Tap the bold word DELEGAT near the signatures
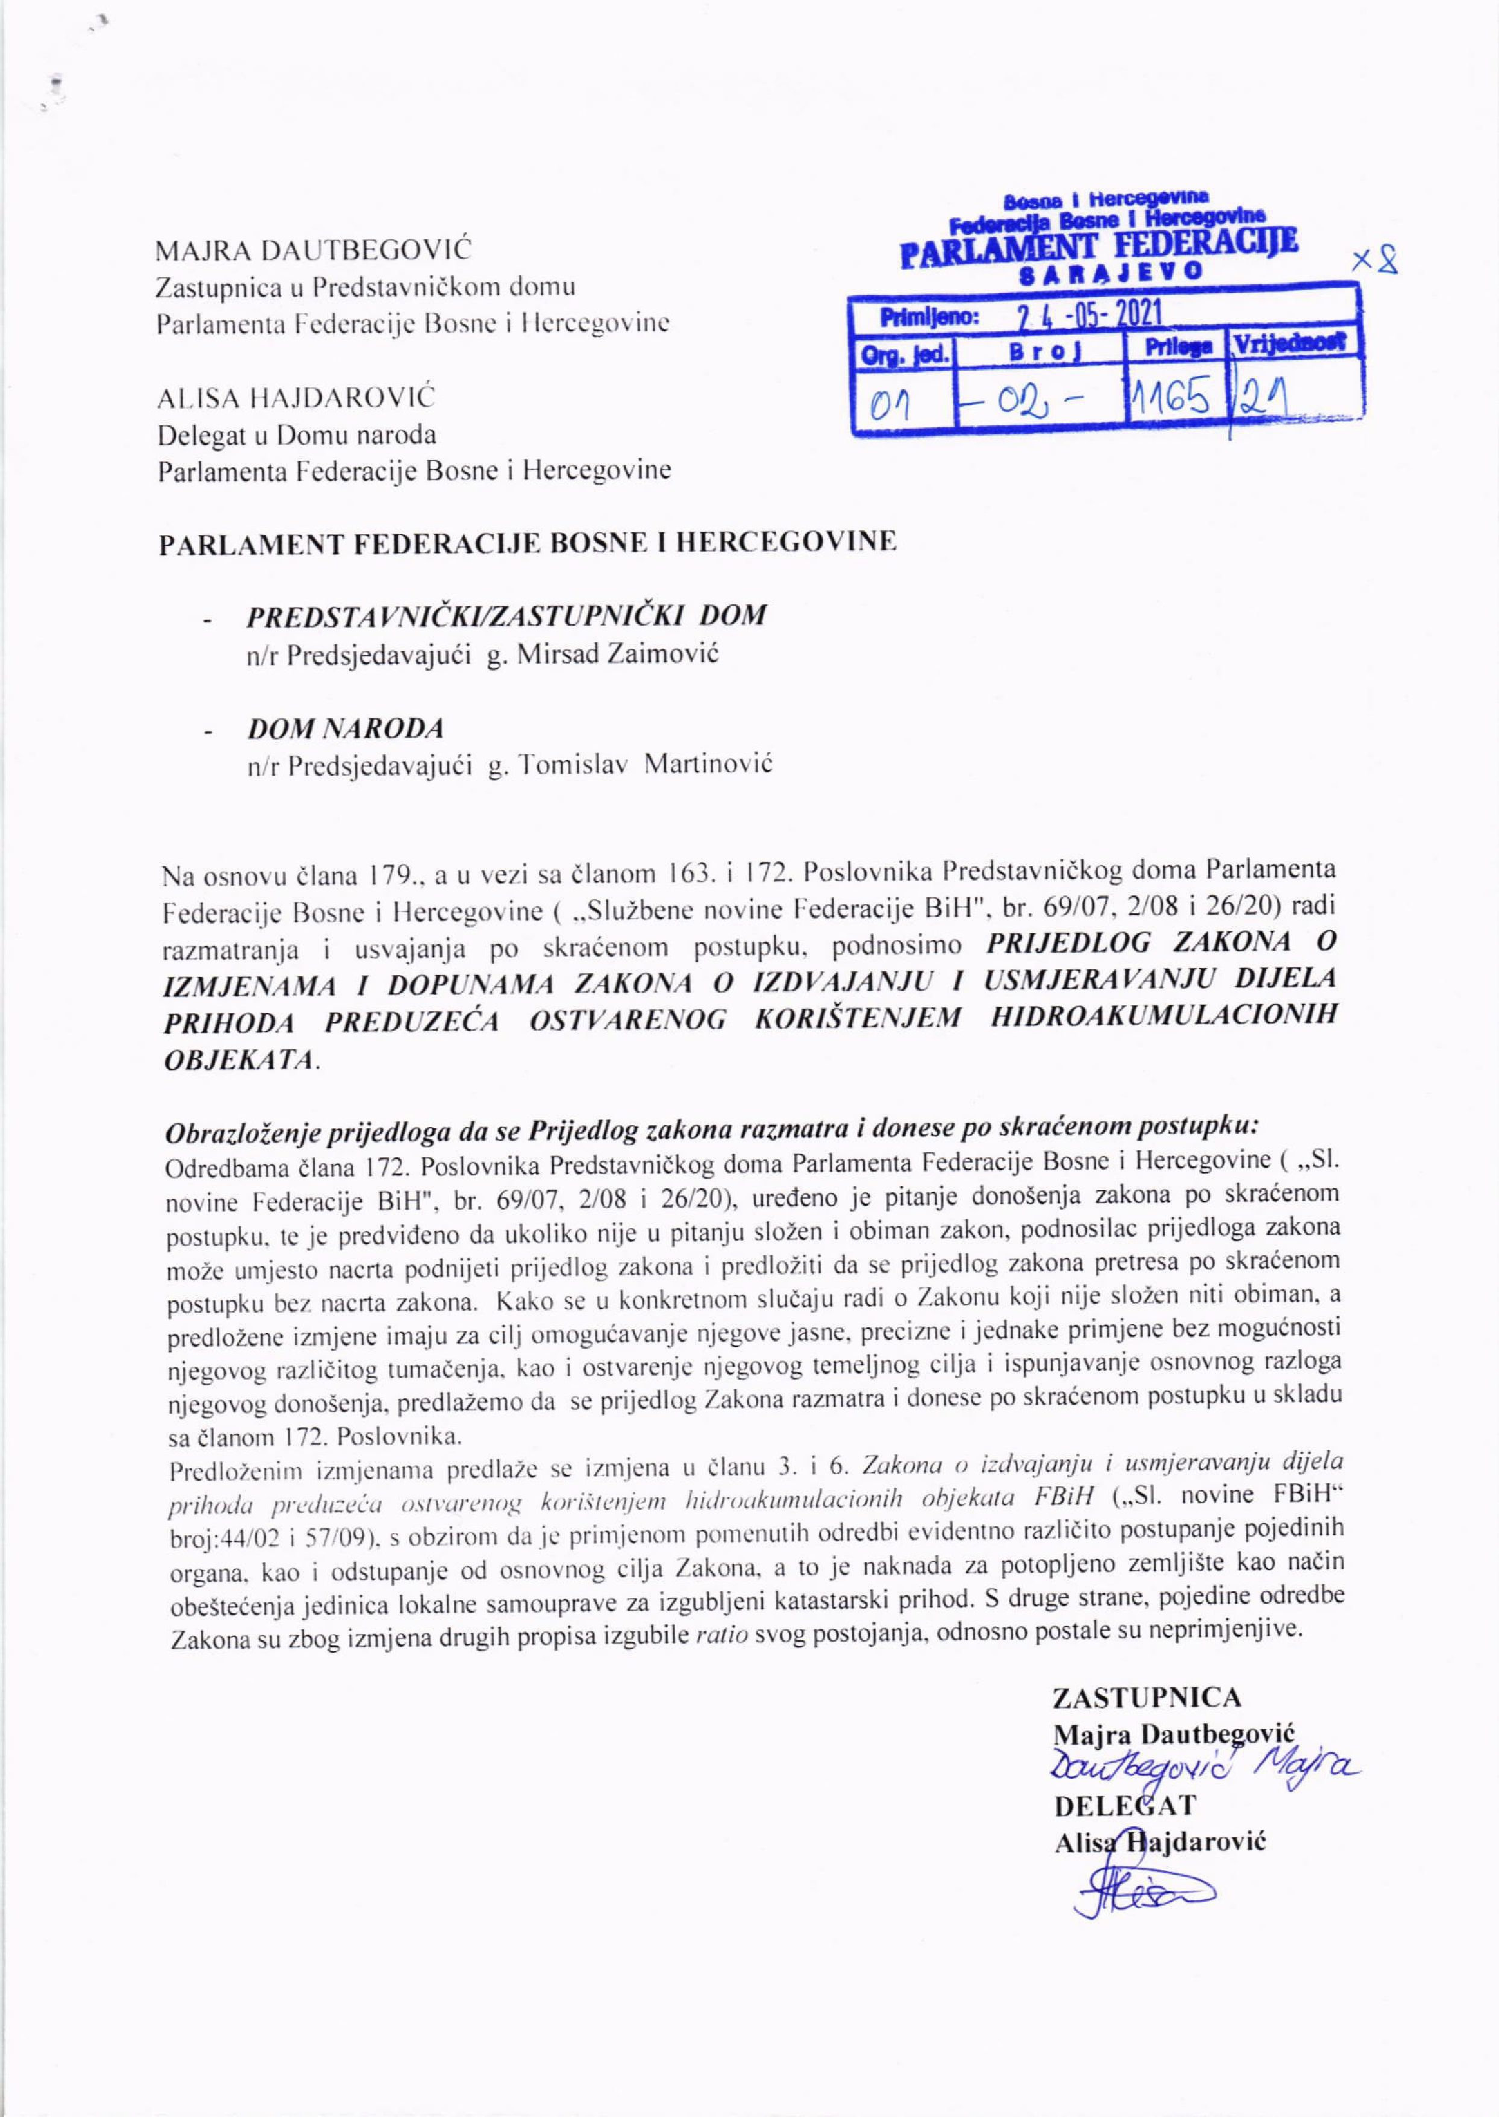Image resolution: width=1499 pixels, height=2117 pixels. [x=1124, y=1802]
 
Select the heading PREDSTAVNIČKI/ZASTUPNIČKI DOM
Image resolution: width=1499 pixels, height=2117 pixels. [x=506, y=615]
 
